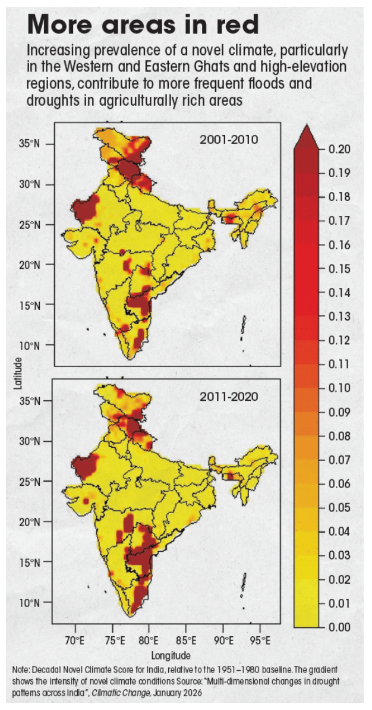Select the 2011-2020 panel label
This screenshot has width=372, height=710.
pyautogui.click(x=229, y=397)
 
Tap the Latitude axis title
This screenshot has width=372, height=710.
pyautogui.click(x=18, y=373)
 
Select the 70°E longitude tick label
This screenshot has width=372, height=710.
pyautogui.click(x=76, y=640)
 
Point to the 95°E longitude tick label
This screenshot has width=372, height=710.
pyautogui.click(x=260, y=640)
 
